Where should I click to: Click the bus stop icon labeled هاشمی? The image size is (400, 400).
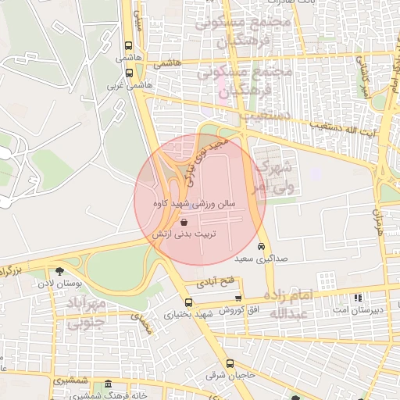[128, 46]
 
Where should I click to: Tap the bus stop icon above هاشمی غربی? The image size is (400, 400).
[128, 73]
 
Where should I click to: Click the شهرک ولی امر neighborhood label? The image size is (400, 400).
[273, 177]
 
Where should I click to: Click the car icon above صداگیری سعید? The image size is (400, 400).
[261, 246]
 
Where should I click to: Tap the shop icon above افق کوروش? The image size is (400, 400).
[238, 298]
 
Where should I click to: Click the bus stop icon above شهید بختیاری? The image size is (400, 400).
[187, 302]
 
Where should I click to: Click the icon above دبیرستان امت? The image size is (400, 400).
[358, 298]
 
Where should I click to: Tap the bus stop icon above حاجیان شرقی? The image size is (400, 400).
[230, 363]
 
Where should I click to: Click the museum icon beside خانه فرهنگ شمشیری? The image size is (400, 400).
[107, 385]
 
